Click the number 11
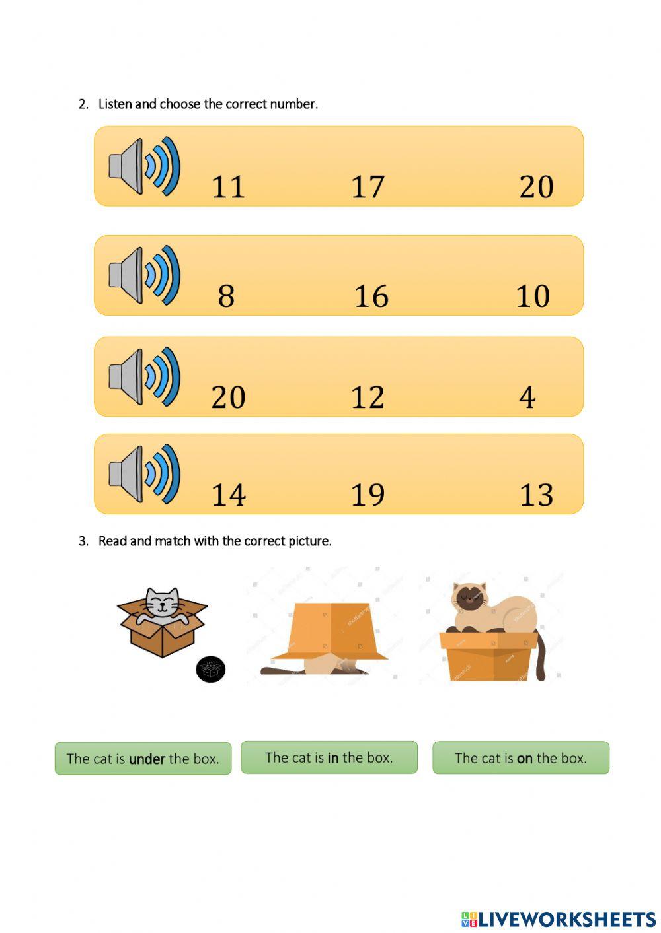click(x=228, y=187)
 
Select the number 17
click(x=368, y=187)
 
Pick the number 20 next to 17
click(x=536, y=187)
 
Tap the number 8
click(x=226, y=296)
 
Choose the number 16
click(x=371, y=296)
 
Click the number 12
click(x=368, y=397)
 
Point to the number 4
click(x=527, y=397)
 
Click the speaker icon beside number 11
click(x=145, y=166)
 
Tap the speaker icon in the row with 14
click(x=145, y=473)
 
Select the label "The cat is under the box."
click(x=143, y=759)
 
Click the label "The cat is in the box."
click(x=329, y=757)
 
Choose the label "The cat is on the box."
click(x=521, y=758)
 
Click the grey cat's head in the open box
click(x=162, y=602)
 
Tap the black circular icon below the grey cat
click(x=211, y=670)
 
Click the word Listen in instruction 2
click(x=115, y=104)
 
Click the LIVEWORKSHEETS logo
click(x=559, y=918)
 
